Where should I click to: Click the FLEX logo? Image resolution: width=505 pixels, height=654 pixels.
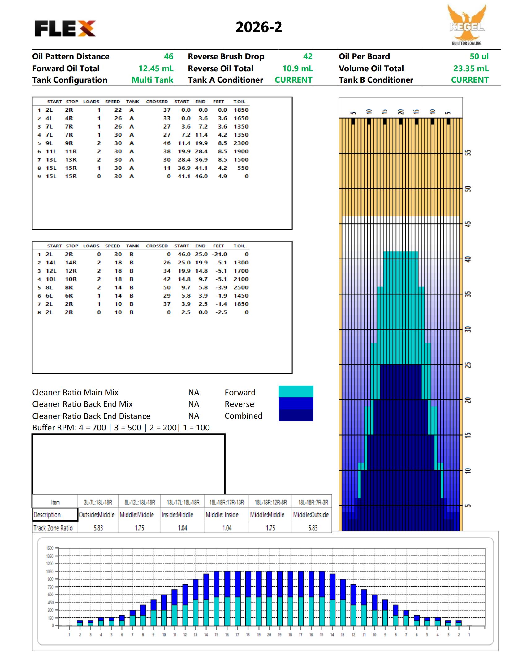pos(65,28)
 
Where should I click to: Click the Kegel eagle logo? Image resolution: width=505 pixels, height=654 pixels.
pos(467,25)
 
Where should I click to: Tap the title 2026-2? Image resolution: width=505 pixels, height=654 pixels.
pos(259,27)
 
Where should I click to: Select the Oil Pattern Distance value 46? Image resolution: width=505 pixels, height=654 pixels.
pos(168,56)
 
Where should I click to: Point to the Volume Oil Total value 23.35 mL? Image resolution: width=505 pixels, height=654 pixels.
pos(471,68)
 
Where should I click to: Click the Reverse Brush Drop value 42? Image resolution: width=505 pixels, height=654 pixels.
pos(308,56)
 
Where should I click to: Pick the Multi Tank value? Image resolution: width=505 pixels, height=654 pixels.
pos(152,80)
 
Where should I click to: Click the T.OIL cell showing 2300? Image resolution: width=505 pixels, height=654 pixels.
pos(241,143)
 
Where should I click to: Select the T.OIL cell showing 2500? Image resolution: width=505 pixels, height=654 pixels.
pos(241,287)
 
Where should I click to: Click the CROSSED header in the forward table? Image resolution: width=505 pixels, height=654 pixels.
pos(157,102)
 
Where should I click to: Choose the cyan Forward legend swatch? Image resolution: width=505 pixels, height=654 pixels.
pos(296,391)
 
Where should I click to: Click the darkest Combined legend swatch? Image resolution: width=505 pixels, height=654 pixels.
pos(296,416)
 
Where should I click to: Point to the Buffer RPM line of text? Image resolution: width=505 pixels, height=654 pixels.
pos(121,428)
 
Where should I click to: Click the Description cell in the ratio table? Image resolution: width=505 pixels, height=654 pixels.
pos(55,515)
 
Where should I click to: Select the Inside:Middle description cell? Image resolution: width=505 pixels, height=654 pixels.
pos(177,515)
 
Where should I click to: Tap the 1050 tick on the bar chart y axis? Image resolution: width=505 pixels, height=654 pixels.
pos(50,571)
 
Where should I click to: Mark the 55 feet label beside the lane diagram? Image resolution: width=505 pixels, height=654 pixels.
pos(468,153)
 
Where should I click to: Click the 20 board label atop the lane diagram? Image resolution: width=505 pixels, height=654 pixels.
pos(401,112)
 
